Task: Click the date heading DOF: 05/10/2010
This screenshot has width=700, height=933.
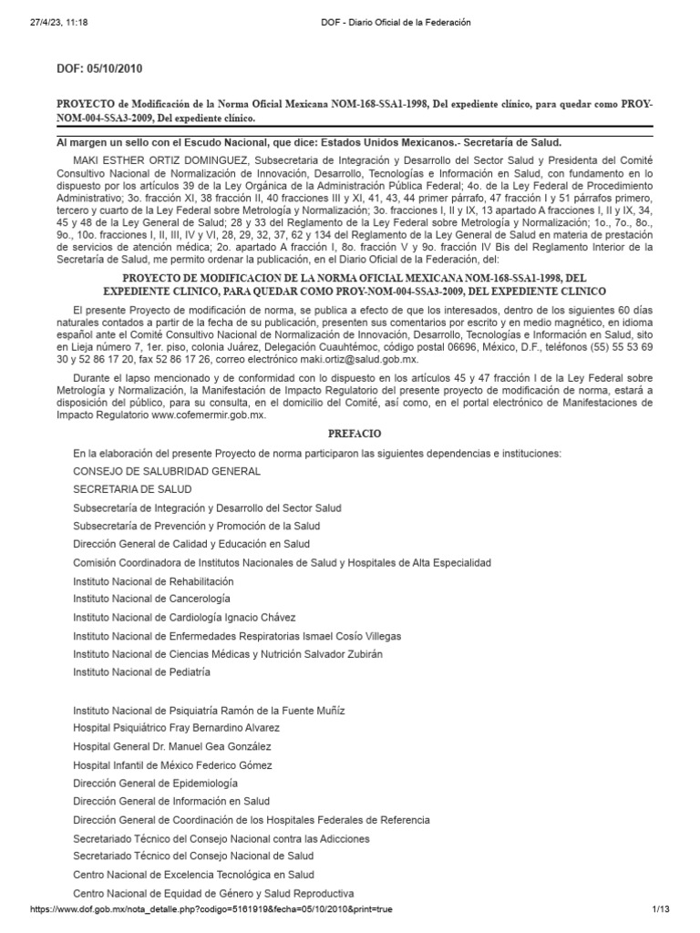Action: pyautogui.click(x=100, y=68)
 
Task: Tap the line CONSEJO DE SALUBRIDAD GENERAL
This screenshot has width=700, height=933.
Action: pyautogui.click(x=167, y=471)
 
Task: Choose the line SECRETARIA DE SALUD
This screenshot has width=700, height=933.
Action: pyautogui.click(x=132, y=489)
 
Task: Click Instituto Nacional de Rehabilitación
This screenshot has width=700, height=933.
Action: pyautogui.click(x=153, y=580)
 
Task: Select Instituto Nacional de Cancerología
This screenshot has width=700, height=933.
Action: pyautogui.click(x=151, y=599)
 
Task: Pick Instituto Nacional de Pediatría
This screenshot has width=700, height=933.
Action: pyautogui.click(x=141, y=672)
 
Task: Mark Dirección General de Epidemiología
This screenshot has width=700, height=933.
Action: pyautogui.click(x=155, y=783)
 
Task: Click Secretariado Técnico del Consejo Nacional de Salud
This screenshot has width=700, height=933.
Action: pyautogui.click(x=193, y=856)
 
